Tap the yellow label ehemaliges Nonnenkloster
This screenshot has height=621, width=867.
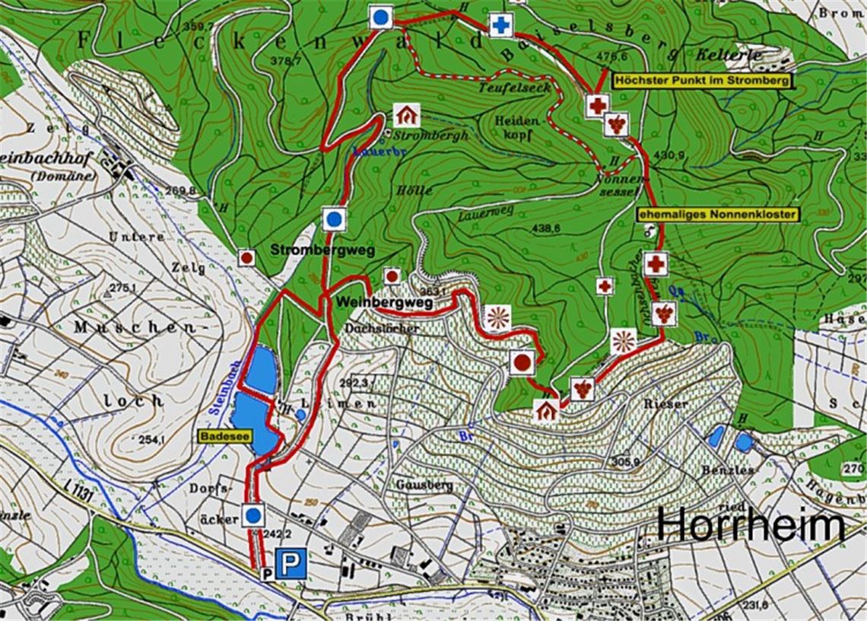pyautogui.click(x=718, y=215)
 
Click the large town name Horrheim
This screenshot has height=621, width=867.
pyautogui.click(x=751, y=525)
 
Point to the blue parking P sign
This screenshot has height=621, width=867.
pyautogui.click(x=290, y=564)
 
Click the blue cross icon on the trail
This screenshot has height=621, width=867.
pyautogui.click(x=500, y=26)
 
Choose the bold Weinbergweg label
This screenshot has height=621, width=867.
pyautogui.click(x=384, y=303)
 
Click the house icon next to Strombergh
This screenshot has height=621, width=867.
pyautogui.click(x=407, y=115)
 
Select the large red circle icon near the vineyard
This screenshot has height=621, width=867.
pyautogui.click(x=522, y=362)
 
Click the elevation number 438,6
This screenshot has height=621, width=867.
pyautogui.click(x=545, y=228)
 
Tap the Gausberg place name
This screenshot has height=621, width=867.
pyautogui.click(x=424, y=484)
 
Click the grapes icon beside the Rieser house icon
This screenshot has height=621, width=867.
pyautogui.click(x=582, y=389)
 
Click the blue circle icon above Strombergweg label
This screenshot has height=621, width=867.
pyautogui.click(x=333, y=220)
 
